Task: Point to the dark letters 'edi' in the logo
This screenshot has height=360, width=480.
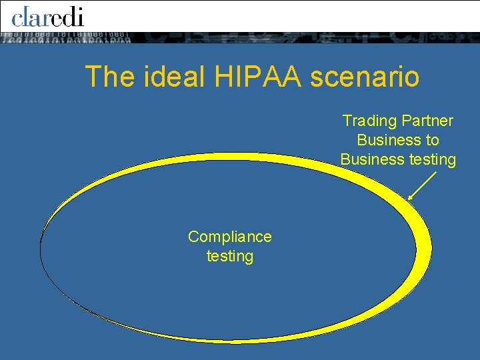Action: (68, 15)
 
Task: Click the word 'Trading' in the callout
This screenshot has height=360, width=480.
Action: (369, 121)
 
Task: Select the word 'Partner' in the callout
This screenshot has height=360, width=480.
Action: (427, 121)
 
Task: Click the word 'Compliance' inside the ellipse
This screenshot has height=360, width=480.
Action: (230, 237)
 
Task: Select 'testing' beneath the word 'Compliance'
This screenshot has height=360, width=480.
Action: (230, 256)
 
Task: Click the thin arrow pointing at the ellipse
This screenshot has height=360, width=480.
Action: (421, 186)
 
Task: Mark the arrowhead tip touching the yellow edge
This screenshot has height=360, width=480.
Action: (408, 199)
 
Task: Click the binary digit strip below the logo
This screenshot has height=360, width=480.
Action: (67, 38)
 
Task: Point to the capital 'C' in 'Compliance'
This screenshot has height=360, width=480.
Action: (193, 237)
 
